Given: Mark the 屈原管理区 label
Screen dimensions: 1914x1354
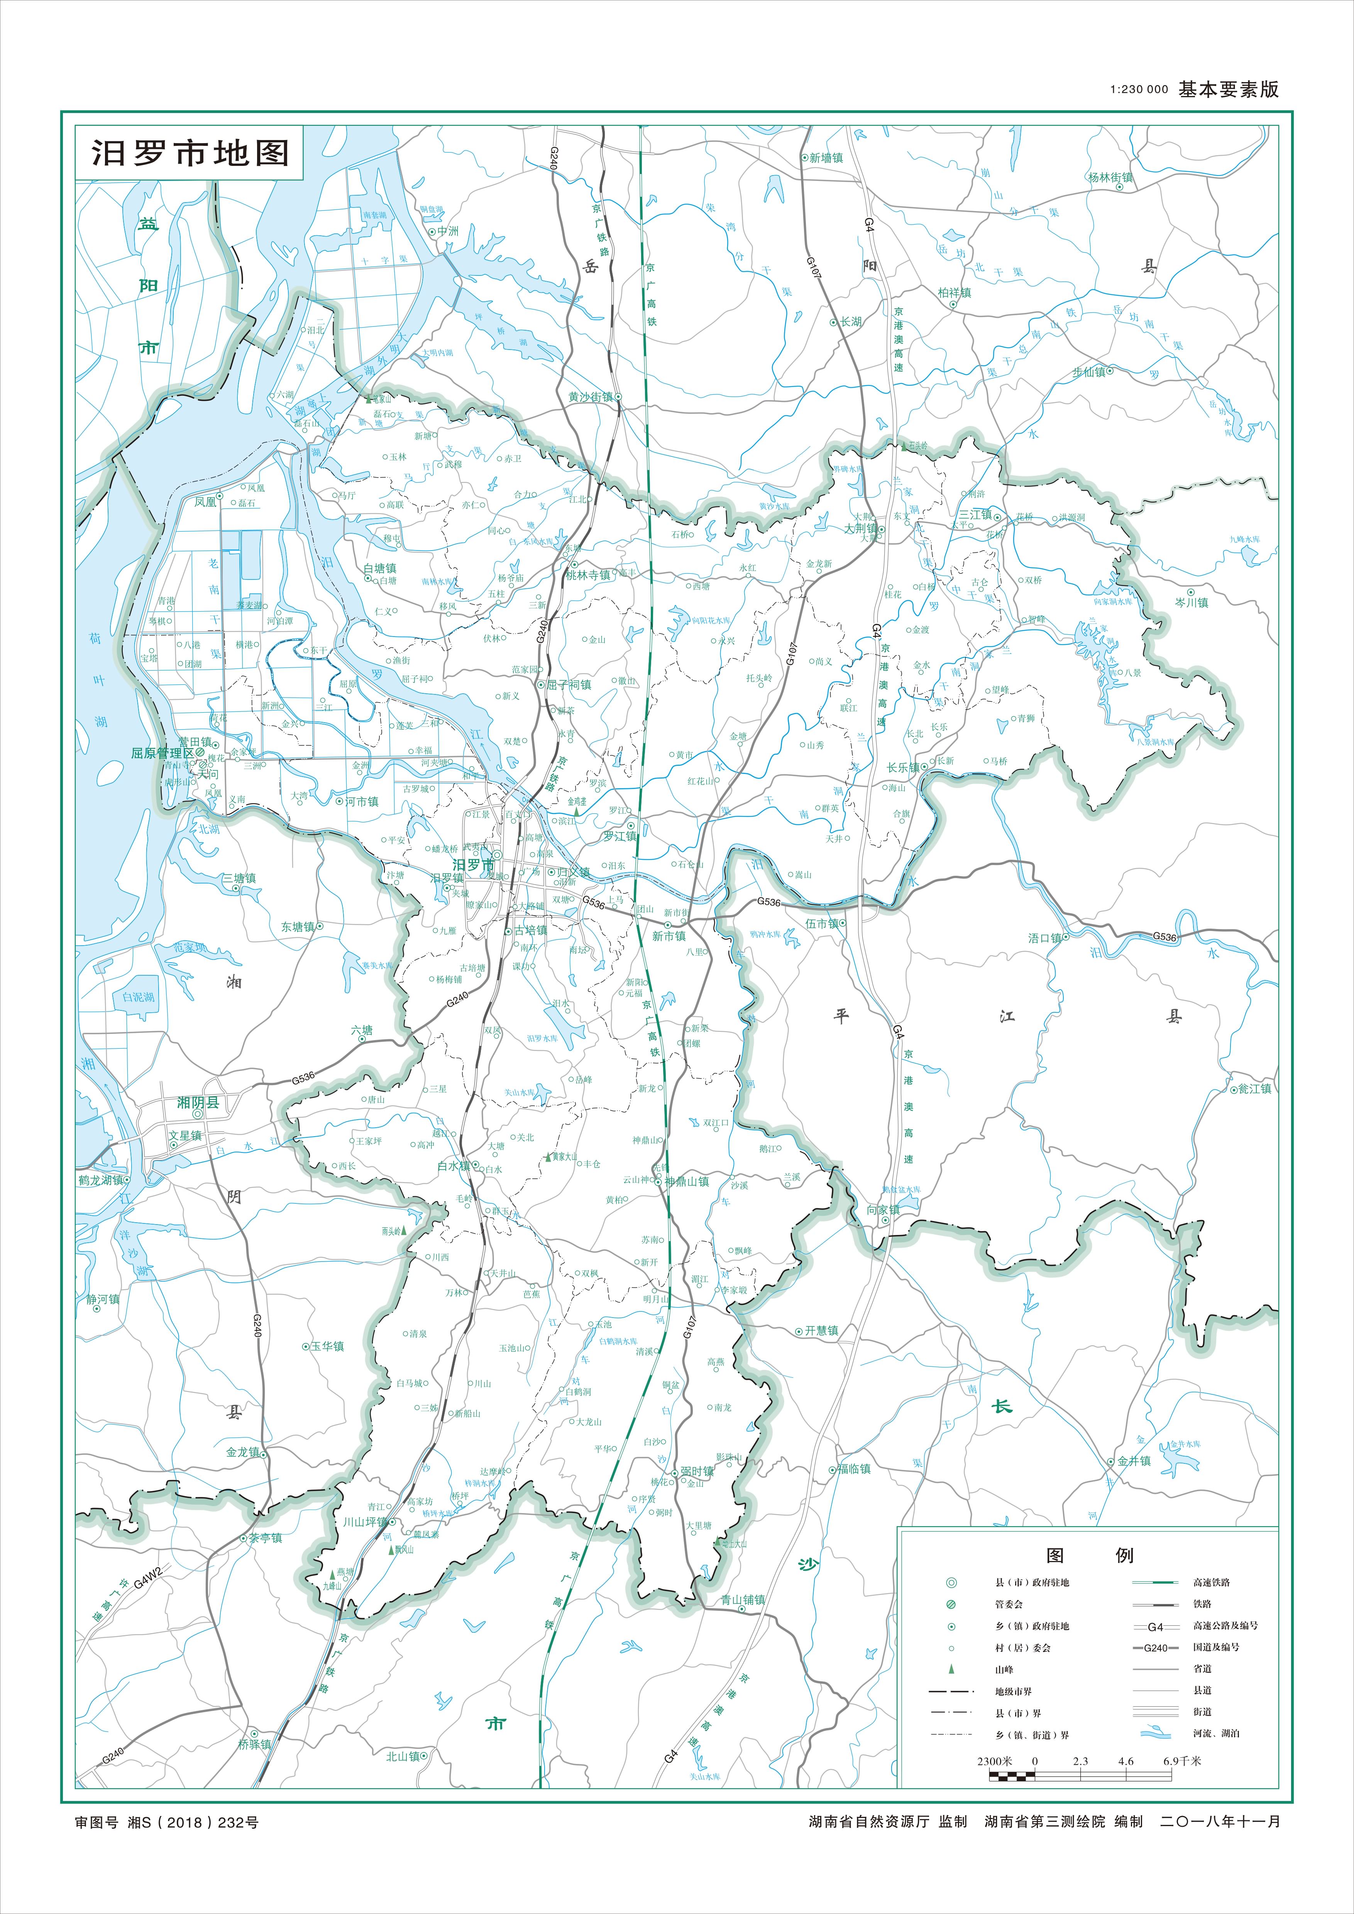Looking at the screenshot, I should tap(162, 753).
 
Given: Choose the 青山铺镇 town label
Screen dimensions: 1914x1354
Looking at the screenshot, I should tap(743, 1600).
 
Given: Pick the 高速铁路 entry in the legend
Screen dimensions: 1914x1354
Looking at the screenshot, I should tap(1212, 1582).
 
